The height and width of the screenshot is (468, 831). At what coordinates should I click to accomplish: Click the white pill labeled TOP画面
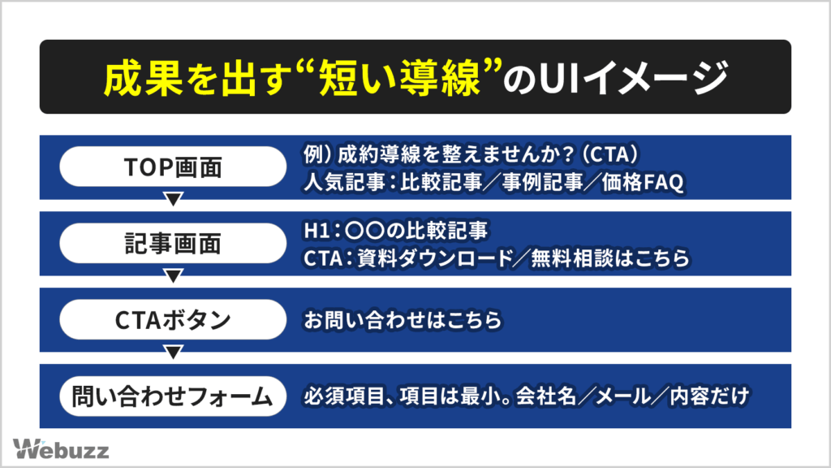[173, 167]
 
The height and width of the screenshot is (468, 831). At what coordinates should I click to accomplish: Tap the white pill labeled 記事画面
[173, 244]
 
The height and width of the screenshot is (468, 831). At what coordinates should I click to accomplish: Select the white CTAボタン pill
[173, 320]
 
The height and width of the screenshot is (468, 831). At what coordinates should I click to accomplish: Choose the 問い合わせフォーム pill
[173, 396]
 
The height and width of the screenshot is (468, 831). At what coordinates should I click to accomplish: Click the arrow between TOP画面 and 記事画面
[173, 199]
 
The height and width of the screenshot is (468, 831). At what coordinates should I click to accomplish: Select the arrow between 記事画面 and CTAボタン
[173, 275]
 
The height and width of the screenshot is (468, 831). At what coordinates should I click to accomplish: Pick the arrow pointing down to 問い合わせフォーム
[173, 352]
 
